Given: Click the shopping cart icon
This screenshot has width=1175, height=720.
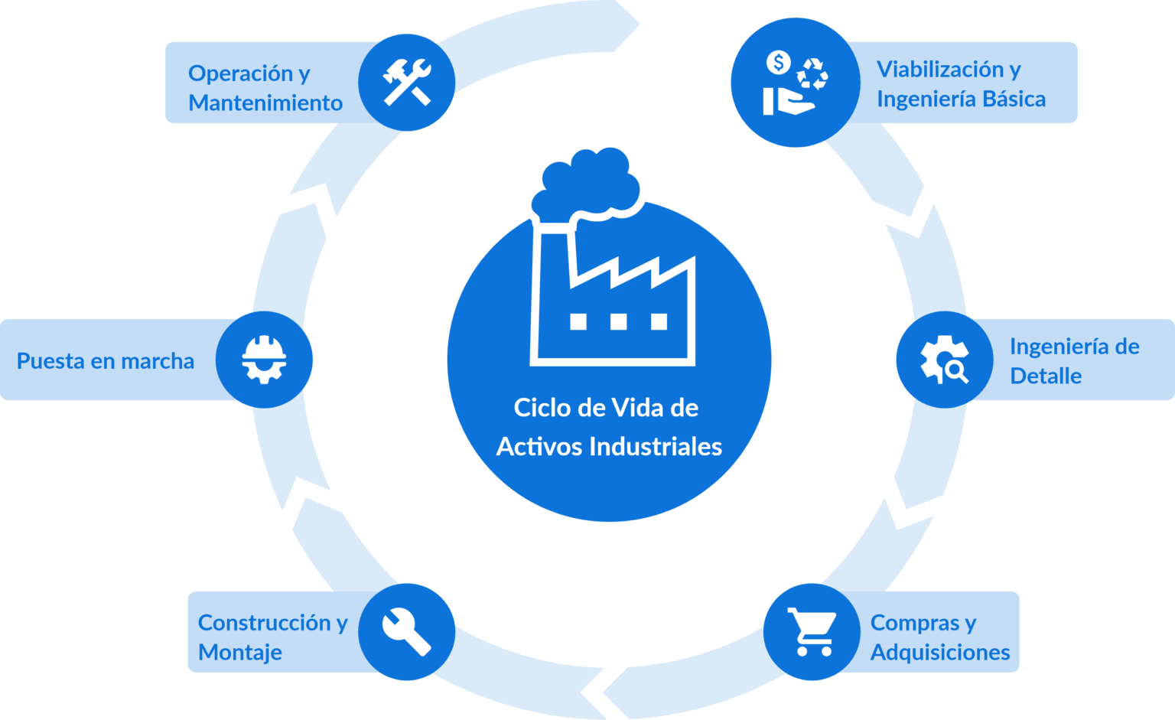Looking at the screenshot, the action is (x=812, y=632).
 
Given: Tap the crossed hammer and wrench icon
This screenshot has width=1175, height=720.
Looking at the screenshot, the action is (x=407, y=83).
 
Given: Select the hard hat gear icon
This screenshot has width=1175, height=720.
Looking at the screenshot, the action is (x=264, y=360).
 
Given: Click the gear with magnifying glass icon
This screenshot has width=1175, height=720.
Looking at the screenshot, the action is (x=944, y=360).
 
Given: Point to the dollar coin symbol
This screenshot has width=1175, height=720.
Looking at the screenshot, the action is (x=779, y=63).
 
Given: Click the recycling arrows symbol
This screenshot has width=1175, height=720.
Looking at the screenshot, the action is (x=812, y=73).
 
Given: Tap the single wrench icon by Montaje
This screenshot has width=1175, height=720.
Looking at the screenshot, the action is (x=407, y=632).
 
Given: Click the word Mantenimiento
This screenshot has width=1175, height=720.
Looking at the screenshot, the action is (x=265, y=103).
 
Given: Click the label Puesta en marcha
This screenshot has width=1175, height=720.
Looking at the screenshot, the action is (x=106, y=361).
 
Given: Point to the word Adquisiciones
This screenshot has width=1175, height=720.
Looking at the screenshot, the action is (x=940, y=653).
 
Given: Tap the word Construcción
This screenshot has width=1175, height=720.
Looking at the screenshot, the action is (x=266, y=623).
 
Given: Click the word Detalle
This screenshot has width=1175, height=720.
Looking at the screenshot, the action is (x=1046, y=376).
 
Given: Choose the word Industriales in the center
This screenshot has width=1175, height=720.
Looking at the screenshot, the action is (x=656, y=447).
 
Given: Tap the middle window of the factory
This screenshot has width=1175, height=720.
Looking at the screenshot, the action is (x=618, y=321).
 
